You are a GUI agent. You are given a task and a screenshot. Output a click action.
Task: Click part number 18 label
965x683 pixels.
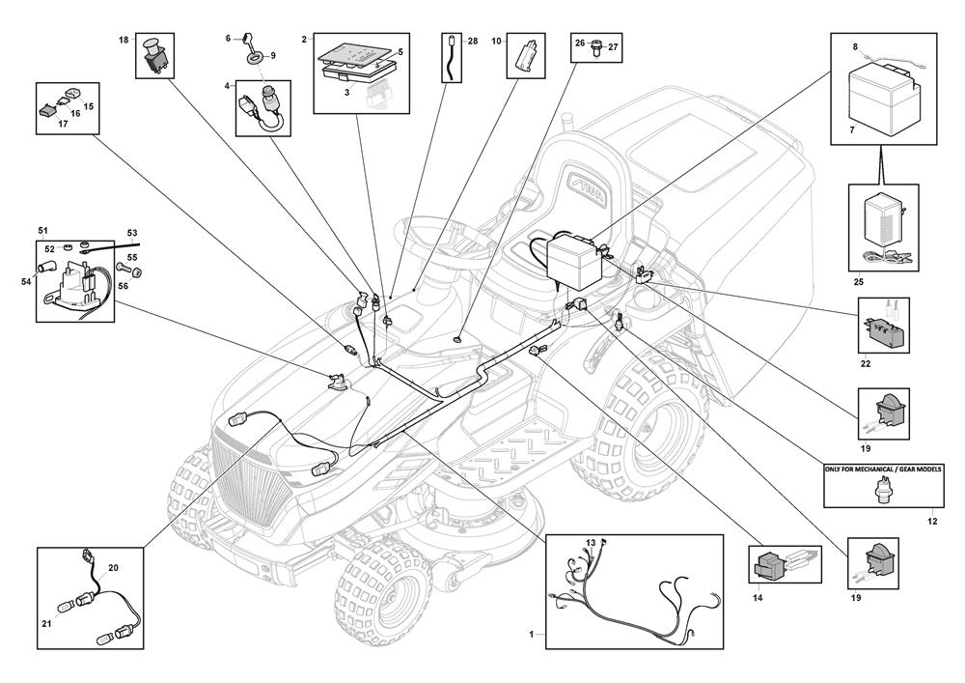coord(124,40)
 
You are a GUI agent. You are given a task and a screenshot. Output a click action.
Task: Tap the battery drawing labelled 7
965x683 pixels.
coord(883,98)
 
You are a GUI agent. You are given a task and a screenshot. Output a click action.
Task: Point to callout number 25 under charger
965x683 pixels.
coord(859,282)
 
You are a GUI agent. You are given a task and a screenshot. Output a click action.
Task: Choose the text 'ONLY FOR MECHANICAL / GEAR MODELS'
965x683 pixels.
coord(883,469)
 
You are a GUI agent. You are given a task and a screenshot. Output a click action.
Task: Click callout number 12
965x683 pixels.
coord(932,521)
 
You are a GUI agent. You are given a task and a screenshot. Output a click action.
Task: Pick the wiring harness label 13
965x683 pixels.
coord(591,543)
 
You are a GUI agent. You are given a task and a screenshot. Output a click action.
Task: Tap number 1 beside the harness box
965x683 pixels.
coord(532,634)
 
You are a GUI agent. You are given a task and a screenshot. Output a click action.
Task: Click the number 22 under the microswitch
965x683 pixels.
coord(866,363)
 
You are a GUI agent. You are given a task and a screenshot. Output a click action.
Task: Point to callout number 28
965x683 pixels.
coord(473,42)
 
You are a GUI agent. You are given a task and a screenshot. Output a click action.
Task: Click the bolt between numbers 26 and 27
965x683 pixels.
coord(594,50)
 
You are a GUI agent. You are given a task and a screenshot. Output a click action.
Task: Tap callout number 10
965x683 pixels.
coord(497,41)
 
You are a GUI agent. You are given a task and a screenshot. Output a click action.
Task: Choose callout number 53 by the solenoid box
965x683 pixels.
coord(132,234)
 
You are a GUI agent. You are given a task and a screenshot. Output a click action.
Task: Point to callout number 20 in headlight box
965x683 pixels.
coord(113,567)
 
